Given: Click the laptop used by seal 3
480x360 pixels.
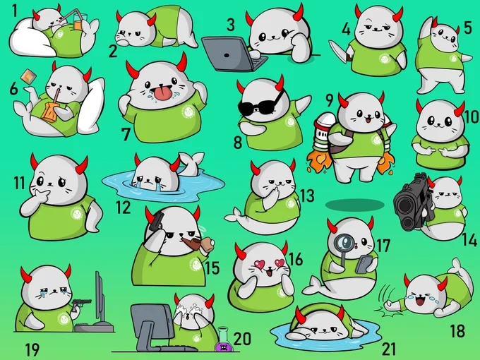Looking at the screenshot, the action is tap(232, 54).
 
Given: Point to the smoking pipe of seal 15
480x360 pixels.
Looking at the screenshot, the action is tap(199, 243).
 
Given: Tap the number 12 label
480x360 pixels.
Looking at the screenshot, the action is tap(123, 208).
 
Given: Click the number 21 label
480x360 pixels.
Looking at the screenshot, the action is tap(388, 349).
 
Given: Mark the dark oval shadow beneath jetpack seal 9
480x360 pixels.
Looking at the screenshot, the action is tap(354, 205).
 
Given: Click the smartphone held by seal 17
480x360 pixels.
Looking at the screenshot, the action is tap(364, 264).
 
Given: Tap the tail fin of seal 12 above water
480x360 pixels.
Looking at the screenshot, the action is tap(191, 163).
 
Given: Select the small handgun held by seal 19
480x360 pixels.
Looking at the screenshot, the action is tap(81, 303).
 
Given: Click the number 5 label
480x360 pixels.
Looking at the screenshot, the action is tap(467, 28).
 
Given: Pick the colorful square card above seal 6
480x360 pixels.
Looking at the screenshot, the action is tap(28, 76).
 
